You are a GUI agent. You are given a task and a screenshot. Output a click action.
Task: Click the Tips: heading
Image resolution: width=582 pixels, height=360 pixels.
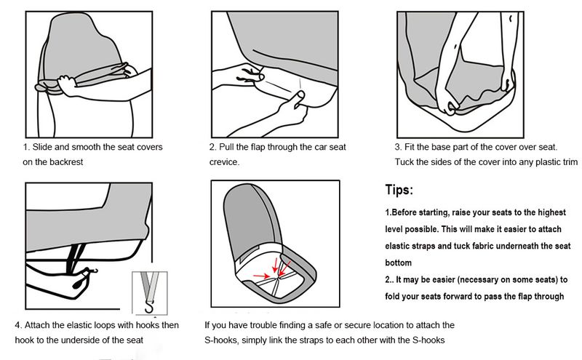(x=399, y=190)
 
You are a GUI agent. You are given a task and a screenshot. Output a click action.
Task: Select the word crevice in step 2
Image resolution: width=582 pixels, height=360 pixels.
(x=224, y=161)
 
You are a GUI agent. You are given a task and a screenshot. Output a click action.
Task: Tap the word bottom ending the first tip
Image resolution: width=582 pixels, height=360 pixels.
(x=398, y=263)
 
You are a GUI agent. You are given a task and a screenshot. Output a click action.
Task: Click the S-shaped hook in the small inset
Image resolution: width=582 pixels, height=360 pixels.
(x=150, y=308)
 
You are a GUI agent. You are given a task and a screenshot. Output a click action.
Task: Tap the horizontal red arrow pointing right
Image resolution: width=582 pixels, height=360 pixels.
(x=262, y=276)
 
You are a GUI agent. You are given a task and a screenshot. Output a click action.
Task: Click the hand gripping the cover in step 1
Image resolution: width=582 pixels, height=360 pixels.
(x=67, y=85)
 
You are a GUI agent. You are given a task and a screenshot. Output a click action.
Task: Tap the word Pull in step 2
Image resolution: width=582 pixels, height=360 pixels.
(x=226, y=147)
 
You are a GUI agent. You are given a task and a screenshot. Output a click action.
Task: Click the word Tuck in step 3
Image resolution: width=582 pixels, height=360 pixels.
(x=404, y=161)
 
